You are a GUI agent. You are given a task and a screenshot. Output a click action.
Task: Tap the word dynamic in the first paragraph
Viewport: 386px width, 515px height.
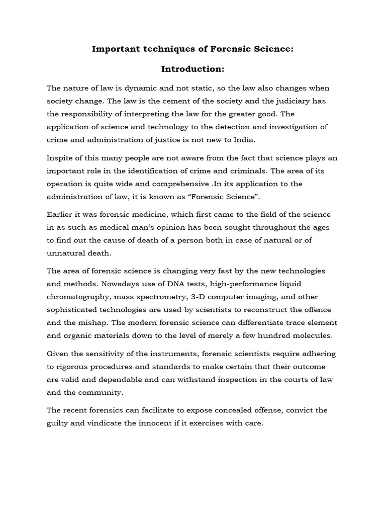click(143, 88)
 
